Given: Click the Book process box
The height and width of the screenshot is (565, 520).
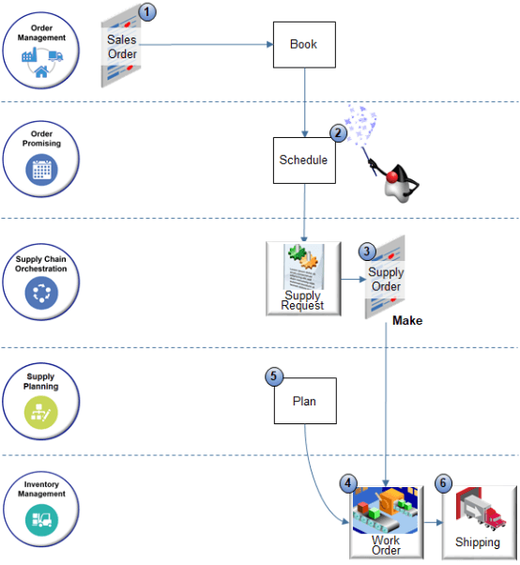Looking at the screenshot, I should tap(303, 44).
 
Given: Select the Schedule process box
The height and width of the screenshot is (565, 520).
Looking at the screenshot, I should tap(303, 160).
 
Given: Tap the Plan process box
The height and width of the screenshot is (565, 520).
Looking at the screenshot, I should tap(303, 401).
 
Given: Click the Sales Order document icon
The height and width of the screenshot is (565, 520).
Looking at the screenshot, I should tap(123, 47).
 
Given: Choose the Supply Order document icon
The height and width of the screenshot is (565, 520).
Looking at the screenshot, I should tap(385, 280).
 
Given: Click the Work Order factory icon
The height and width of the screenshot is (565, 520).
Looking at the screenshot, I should tap(386, 520).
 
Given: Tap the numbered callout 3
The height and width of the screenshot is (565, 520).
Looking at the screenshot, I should tap(368, 252).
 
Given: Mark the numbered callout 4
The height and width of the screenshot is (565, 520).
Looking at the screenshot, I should tap(349, 483).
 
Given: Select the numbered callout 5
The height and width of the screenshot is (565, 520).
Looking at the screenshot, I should tap(274, 376).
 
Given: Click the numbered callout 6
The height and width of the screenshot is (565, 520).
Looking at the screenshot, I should tap(444, 483).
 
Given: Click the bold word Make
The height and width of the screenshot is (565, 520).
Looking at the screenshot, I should tap(407, 321).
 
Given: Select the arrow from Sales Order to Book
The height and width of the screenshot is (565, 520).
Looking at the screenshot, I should tap(206, 43).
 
